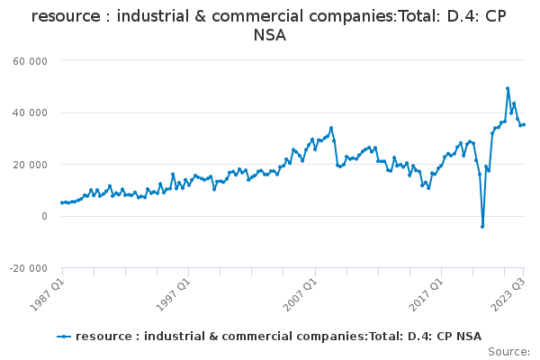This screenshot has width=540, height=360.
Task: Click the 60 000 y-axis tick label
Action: point(30,61)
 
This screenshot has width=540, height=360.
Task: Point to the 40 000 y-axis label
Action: point(30,113)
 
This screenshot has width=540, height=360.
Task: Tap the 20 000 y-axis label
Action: point(30,165)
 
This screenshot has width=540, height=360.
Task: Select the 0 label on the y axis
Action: point(44,216)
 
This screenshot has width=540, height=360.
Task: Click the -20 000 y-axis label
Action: point(28,268)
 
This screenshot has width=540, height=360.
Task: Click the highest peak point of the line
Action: point(508,88)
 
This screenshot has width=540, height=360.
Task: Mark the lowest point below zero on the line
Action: point(482,227)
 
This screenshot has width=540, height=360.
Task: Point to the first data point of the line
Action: point(62,202)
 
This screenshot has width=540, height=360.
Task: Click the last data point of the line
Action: point(524,125)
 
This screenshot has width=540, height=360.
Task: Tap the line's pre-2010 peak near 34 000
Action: point(331,128)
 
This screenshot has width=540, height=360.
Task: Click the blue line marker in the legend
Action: point(64,337)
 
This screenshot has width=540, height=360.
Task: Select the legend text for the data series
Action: point(279,337)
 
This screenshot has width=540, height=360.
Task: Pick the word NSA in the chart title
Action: point(270,35)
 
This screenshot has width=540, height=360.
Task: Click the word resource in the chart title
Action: point(66,16)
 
